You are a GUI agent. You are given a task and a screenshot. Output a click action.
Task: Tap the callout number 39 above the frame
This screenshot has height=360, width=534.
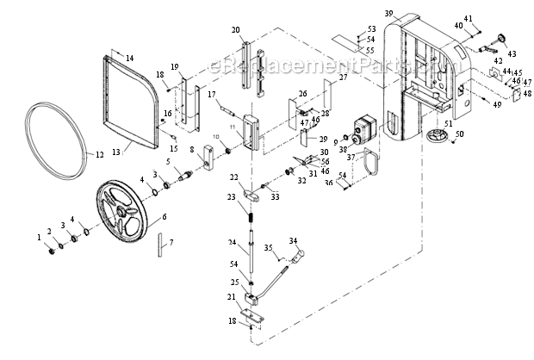[x=388, y=13]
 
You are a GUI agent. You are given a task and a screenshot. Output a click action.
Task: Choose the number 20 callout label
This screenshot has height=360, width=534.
[x=236, y=30]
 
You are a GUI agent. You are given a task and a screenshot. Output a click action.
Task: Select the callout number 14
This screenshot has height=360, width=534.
[x=130, y=58]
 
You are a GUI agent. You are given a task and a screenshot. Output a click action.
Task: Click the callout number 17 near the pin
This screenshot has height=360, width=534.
[x=210, y=94]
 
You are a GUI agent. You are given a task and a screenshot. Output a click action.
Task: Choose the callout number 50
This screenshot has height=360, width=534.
[x=459, y=133]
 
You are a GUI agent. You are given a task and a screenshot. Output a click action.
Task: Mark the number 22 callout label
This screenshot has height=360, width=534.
[x=233, y=177]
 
